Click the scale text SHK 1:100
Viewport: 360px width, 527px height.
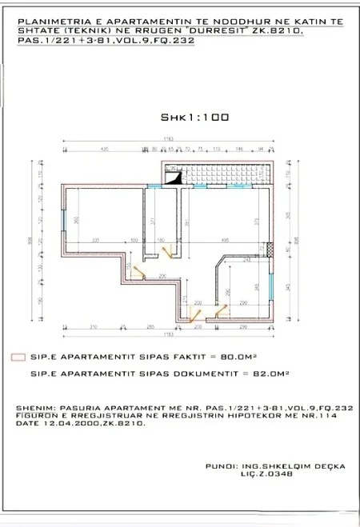pyautogui.click(x=194, y=117)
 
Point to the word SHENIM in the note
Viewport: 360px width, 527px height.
pyautogui.click(x=31, y=408)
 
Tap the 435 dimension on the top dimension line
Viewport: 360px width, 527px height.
pyautogui.click(x=104, y=149)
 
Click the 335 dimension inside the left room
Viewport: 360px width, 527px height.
pyautogui.click(x=94, y=239)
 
